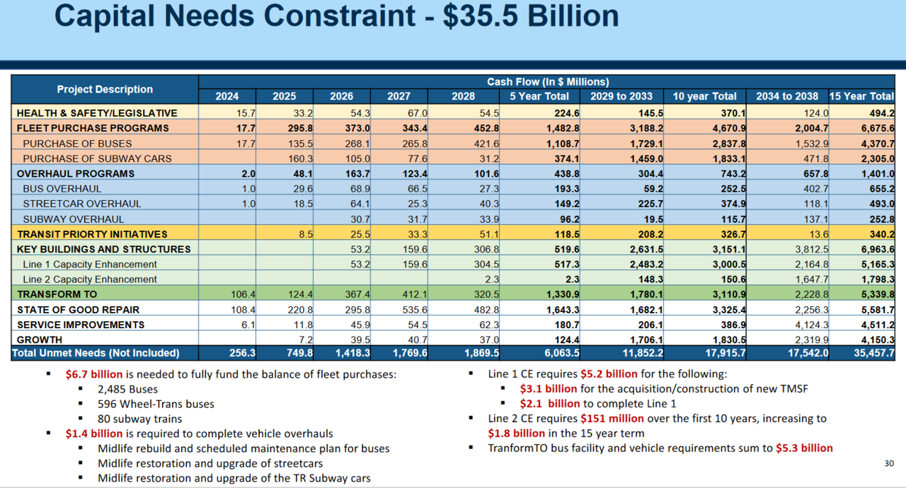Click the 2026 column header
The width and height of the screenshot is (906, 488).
coord(342,96)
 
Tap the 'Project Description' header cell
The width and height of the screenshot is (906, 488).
coord(105,89)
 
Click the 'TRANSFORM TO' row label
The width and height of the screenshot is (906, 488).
coord(57,294)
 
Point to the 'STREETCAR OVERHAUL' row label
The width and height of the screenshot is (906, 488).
coord(82,204)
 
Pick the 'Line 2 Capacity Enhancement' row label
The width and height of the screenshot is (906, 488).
coord(90,279)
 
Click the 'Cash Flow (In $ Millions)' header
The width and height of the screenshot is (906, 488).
coord(547,82)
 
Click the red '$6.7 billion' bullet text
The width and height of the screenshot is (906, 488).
coord(94,374)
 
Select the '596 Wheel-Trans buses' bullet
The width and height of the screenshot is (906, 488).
coord(156,404)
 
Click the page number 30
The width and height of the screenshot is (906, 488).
coord(889,463)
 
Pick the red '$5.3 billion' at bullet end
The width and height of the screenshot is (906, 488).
coord(804,448)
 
